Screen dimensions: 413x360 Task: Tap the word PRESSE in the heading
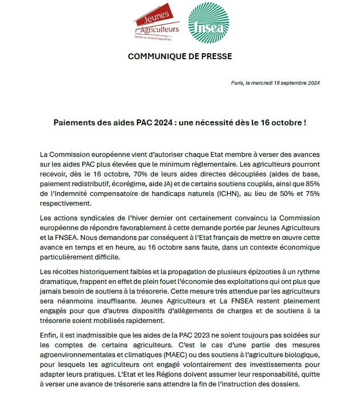click(212, 57)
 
